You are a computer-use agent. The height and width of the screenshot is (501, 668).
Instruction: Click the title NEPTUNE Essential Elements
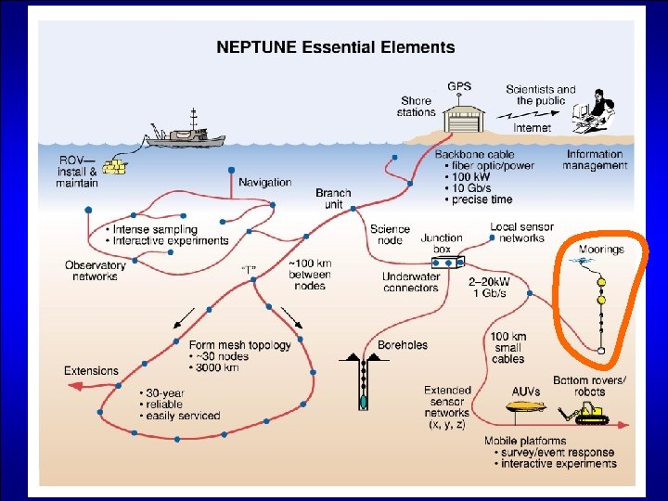point(335,46)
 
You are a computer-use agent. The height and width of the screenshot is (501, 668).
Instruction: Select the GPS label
point(459,86)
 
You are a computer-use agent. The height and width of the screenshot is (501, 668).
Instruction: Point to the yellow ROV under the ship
point(115,166)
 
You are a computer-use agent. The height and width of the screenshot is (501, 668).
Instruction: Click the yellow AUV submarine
point(524,405)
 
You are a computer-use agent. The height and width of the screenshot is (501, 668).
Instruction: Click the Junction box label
point(442,243)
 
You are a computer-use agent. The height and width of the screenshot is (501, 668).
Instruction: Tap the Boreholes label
point(403,345)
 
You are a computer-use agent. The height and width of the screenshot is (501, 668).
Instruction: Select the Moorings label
point(601,250)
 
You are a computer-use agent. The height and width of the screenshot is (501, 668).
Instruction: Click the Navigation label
point(264,182)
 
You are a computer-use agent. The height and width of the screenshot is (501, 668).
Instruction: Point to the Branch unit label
point(333,199)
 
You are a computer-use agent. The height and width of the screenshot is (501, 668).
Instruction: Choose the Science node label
point(390,234)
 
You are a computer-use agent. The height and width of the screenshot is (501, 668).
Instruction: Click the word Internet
point(532,128)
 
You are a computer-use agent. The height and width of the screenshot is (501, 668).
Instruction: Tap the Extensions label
point(91,371)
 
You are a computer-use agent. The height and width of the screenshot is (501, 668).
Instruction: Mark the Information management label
point(595,160)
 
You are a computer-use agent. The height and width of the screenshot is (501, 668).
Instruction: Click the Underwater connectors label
point(410,282)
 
